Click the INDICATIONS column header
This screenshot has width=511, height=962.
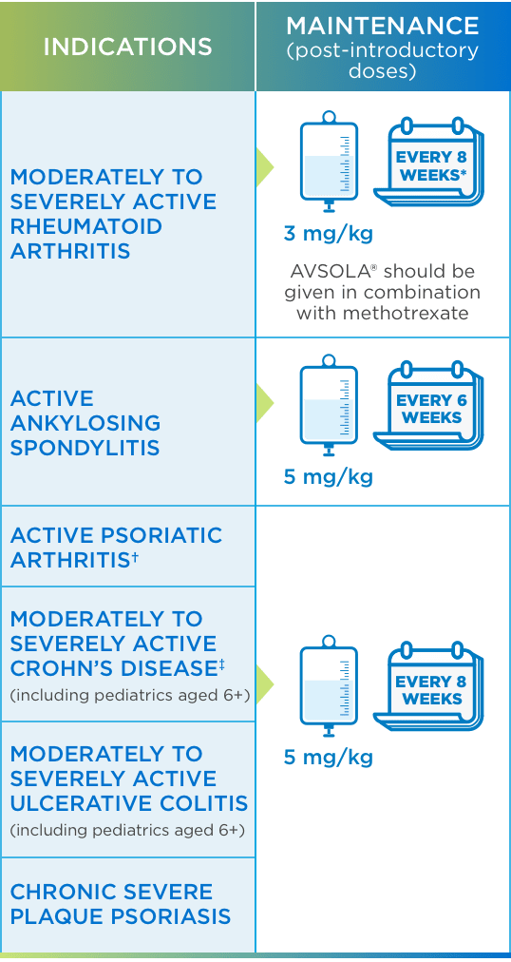tap(127, 47)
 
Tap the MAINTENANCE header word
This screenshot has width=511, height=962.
tap(383, 26)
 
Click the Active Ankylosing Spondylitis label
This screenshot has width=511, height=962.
tap(85, 423)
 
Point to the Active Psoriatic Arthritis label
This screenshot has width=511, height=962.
tap(116, 548)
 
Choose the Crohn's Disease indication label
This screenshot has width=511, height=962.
tap(113, 644)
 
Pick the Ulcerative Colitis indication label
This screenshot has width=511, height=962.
tap(128, 779)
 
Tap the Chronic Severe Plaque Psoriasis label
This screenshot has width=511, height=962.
tap(121, 904)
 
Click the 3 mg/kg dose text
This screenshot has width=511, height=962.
tap(328, 234)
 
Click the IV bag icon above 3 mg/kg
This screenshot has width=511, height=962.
tap(329, 161)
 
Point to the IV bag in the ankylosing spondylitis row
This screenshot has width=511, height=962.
tap(329, 404)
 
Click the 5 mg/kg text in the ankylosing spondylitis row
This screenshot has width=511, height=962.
tap(328, 476)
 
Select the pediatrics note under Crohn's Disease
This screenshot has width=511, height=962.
tap(129, 695)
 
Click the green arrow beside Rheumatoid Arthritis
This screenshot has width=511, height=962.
tap(265, 167)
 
